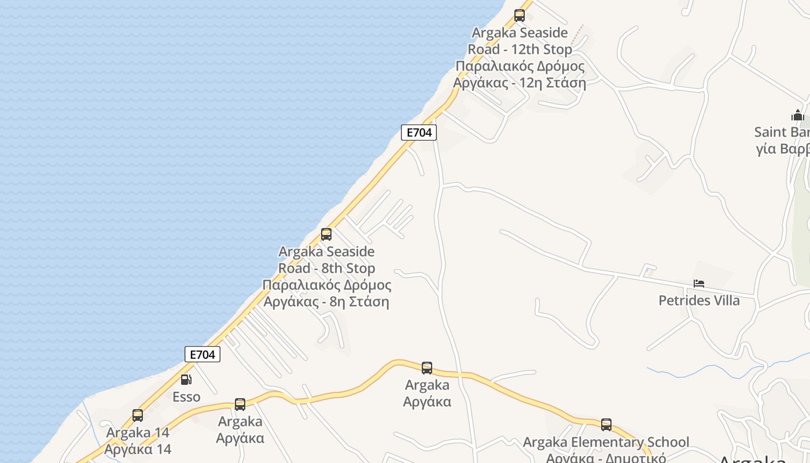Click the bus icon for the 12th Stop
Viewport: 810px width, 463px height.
(520, 16)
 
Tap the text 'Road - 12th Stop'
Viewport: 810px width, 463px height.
(520, 49)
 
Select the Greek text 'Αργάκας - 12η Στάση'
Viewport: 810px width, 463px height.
(520, 83)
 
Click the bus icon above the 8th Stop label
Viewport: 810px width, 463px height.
(326, 234)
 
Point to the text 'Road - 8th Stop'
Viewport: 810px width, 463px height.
(326, 269)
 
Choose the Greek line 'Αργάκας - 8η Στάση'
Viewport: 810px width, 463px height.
(326, 302)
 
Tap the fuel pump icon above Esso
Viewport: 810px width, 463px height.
(186, 380)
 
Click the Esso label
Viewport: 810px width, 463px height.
(186, 397)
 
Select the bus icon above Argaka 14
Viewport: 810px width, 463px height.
(138, 416)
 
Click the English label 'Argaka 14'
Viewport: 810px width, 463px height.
(138, 432)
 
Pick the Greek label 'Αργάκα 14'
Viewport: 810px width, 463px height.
(138, 449)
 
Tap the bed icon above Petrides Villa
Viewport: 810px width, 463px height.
(699, 284)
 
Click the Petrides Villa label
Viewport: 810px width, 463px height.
(699, 301)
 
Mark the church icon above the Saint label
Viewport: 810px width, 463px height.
(798, 115)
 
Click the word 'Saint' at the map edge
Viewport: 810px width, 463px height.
(773, 132)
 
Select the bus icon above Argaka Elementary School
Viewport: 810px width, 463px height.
(606, 425)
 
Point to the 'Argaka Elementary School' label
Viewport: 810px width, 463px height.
(606, 443)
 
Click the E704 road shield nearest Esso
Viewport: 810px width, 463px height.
(203, 354)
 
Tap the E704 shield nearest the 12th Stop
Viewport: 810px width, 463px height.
(419, 133)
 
